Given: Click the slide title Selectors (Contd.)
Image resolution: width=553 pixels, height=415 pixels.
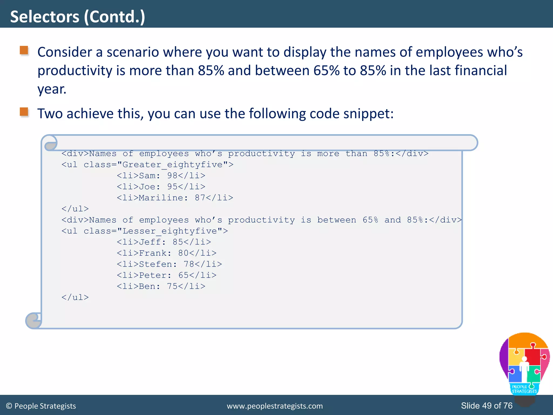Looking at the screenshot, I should pyautogui.click(x=77, y=17).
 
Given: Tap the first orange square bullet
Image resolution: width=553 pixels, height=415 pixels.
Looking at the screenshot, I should pyautogui.click(x=24, y=50).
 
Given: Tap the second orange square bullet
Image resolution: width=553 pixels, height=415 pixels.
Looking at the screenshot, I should pyautogui.click(x=24, y=112).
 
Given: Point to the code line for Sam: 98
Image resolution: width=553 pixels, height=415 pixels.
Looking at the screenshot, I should pyautogui.click(x=161, y=176).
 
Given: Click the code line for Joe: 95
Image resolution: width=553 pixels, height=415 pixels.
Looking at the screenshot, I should pyautogui.click(x=161, y=187).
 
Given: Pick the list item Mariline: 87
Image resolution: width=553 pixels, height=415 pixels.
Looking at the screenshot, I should pyautogui.click(x=175, y=198).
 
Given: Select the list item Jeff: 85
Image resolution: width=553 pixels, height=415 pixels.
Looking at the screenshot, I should pyautogui.click(x=164, y=242).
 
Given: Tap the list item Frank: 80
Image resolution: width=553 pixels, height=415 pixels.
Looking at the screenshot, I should pyautogui.click(x=166, y=253).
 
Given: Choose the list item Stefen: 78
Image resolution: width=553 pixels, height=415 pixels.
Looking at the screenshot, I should pyautogui.click(x=169, y=264).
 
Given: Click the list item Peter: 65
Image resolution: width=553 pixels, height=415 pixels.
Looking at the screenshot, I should pyautogui.click(x=166, y=275).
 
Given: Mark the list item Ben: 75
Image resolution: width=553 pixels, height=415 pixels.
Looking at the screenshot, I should pyautogui.click(x=161, y=286).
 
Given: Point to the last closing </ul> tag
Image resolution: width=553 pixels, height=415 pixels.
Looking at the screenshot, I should pyautogui.click(x=75, y=297).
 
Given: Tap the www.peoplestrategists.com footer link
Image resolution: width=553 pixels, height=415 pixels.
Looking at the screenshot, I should pyautogui.click(x=275, y=406).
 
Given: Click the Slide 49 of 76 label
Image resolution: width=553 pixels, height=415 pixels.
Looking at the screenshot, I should pyautogui.click(x=487, y=406).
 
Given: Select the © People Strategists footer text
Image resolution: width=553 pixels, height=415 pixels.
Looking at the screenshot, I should pyautogui.click(x=41, y=406).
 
